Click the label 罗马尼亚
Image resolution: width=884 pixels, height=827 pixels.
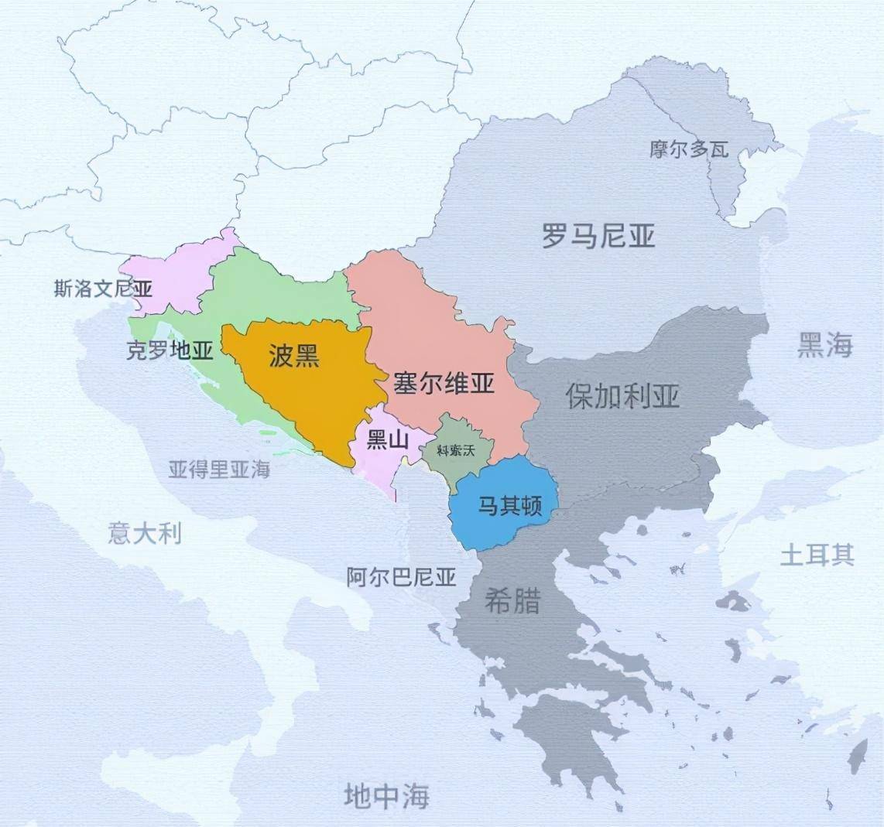(x=598, y=235)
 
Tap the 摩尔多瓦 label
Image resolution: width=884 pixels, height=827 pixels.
(x=689, y=149)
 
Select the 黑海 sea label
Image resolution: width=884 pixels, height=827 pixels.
(x=824, y=346)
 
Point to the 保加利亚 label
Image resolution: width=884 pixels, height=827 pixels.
(x=622, y=396)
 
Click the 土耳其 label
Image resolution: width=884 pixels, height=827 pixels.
(x=817, y=555)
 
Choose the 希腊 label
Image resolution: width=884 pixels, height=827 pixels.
(x=512, y=601)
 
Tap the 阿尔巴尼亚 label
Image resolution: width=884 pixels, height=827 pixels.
(x=401, y=576)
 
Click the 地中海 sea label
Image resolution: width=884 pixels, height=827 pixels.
(x=386, y=795)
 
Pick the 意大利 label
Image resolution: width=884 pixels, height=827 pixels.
(x=145, y=533)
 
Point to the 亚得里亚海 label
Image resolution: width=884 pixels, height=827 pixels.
(x=219, y=469)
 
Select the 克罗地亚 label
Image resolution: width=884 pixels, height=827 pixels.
(x=169, y=350)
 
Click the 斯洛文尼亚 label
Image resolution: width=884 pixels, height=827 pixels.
(x=103, y=289)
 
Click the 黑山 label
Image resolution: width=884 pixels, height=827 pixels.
(x=387, y=440)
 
